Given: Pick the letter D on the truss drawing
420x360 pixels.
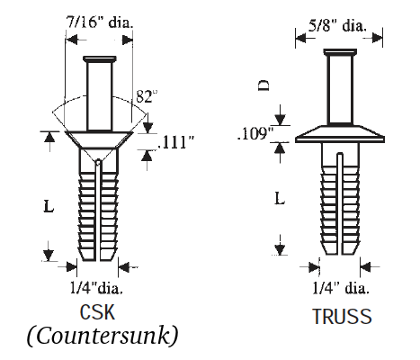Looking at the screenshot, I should pyautogui.click(x=263, y=86).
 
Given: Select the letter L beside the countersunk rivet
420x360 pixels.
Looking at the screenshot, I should pyautogui.click(x=48, y=206).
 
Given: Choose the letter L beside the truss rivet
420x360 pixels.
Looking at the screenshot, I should pyautogui.click(x=281, y=197).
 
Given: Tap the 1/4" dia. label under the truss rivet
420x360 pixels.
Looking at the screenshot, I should pyautogui.click(x=339, y=288).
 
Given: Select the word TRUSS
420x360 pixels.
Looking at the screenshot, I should pyautogui.click(x=342, y=317).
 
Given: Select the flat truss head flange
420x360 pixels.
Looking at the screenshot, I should pyautogui.click(x=340, y=134).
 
